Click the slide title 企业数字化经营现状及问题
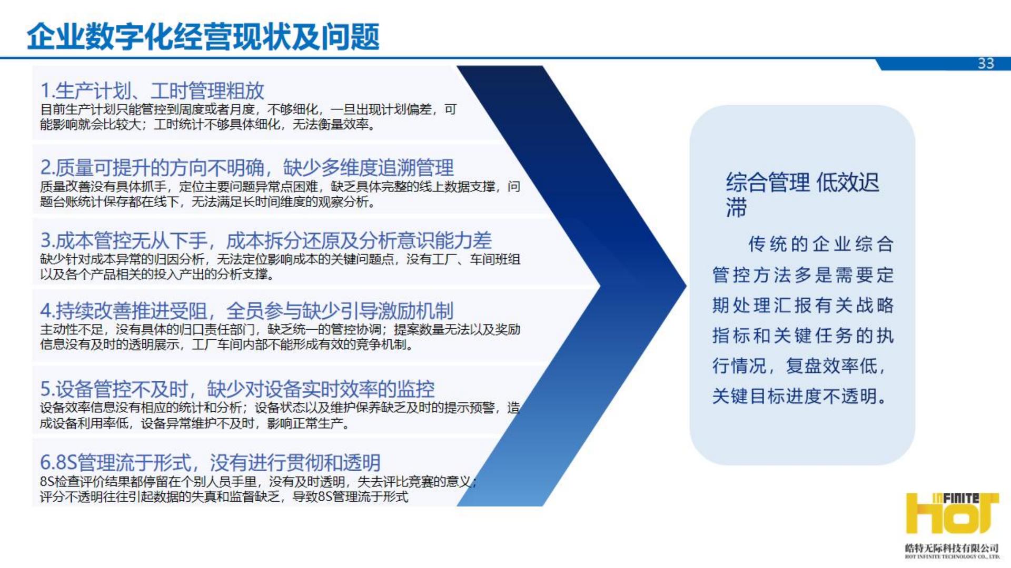click(x=203, y=36)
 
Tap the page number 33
click(x=986, y=64)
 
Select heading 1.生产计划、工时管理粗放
click(x=152, y=90)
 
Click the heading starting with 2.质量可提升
click(x=247, y=168)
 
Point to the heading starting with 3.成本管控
click(x=266, y=240)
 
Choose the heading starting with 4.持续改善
click(x=247, y=311)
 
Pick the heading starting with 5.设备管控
click(x=237, y=389)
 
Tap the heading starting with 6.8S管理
click(x=210, y=462)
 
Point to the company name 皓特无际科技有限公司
click(x=952, y=547)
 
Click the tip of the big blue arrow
click(x=686, y=286)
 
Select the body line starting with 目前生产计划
click(x=249, y=109)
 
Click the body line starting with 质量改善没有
click(x=280, y=187)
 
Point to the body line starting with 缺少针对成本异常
click(x=280, y=259)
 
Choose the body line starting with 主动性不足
click(x=280, y=330)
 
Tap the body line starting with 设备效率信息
click(x=280, y=408)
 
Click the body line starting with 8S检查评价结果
click(x=258, y=481)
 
